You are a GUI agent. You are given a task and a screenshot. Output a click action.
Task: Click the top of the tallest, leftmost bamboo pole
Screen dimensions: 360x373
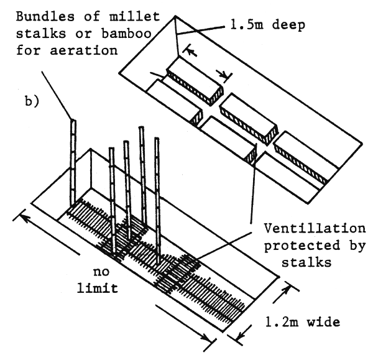(x=72, y=121)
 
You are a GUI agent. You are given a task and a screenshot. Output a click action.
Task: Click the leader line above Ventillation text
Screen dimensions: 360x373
(x=254, y=187)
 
